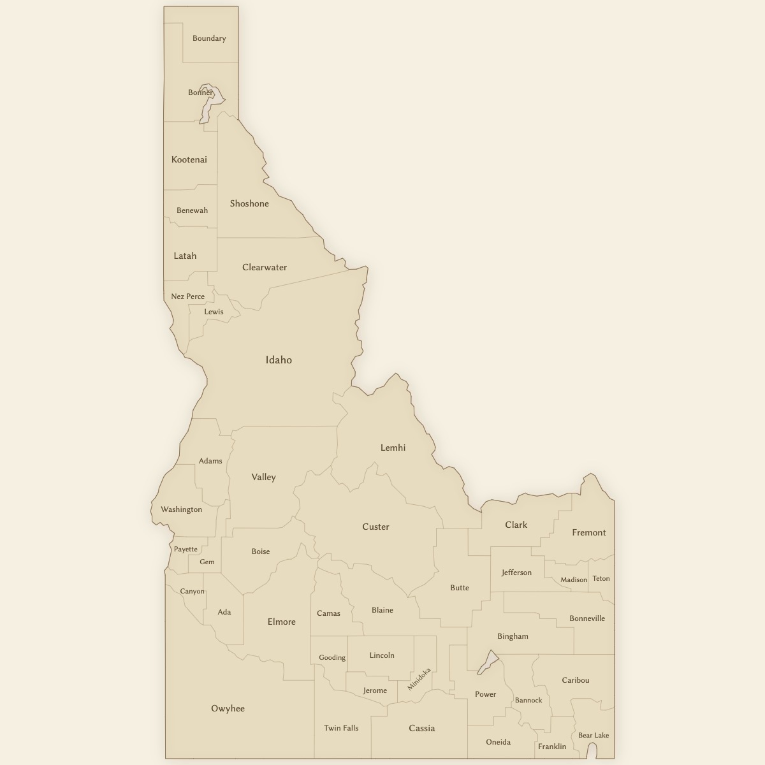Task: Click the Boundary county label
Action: click(209, 38)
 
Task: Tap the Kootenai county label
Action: click(189, 159)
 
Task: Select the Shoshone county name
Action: click(249, 203)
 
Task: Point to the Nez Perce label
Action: click(188, 296)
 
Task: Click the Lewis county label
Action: click(214, 312)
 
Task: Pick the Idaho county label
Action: click(279, 360)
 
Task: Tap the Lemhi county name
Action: click(393, 448)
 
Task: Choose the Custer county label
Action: click(375, 527)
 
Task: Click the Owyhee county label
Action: click(228, 708)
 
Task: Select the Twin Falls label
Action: click(341, 728)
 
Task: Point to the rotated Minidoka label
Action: click(419, 679)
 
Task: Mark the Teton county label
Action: click(601, 579)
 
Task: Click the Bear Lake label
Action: click(594, 735)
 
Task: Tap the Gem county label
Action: click(207, 562)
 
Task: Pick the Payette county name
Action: click(186, 549)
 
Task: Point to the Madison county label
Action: click(574, 580)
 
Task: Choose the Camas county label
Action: click(329, 613)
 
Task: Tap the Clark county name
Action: click(516, 525)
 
